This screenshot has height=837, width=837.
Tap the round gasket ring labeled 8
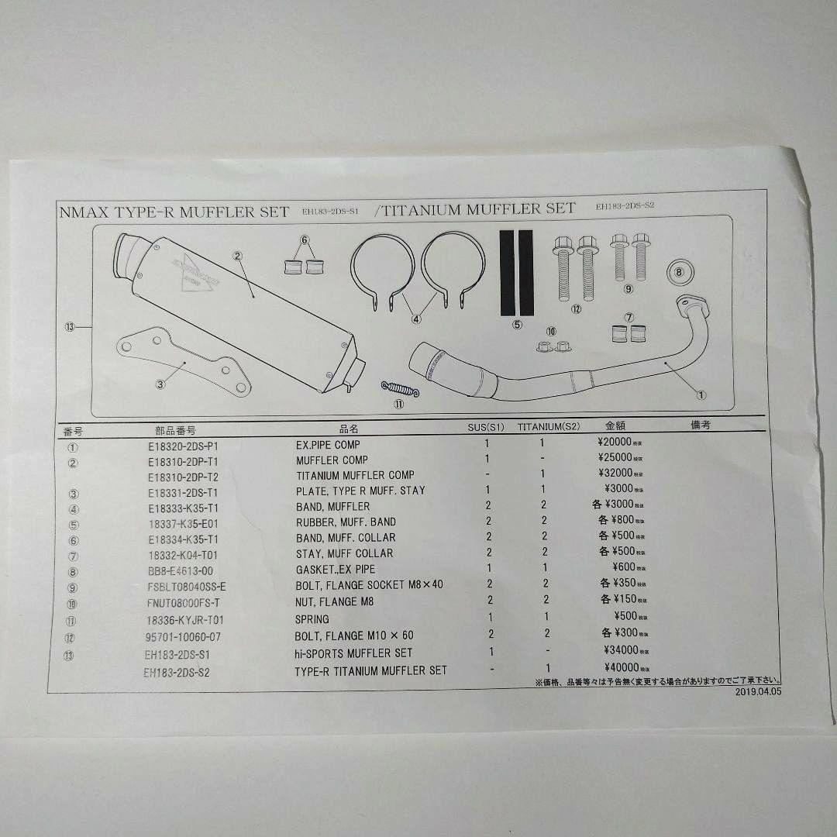[680, 272]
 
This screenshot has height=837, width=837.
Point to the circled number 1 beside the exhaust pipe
[702, 394]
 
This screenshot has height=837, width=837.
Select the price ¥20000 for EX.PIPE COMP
[612, 443]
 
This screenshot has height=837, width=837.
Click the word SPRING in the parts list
[312, 618]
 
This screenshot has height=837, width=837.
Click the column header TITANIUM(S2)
[548, 426]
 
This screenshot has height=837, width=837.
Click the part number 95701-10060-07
[182, 637]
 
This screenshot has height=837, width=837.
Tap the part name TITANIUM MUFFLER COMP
[355, 475]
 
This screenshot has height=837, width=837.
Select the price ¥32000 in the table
[612, 473]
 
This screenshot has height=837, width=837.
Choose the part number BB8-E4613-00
[174, 569]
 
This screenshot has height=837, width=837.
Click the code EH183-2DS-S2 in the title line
[626, 206]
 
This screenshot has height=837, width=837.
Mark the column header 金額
[615, 425]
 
